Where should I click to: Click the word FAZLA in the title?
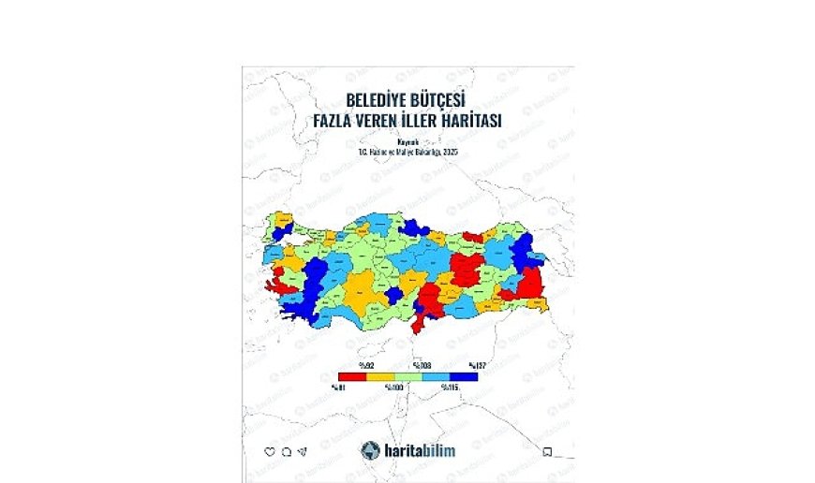pyautogui.click(x=337, y=121)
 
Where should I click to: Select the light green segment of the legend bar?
pyautogui.click(x=408, y=375)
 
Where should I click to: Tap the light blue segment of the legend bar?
pyautogui.click(x=437, y=375)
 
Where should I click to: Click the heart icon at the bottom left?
pyautogui.click(x=270, y=451)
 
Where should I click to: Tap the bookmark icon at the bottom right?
pyautogui.click(x=547, y=451)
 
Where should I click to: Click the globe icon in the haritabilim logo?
pyautogui.click(x=370, y=449)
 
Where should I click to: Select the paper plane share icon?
pyautogui.click(x=303, y=451)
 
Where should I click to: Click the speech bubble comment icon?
pyautogui.click(x=286, y=451)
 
